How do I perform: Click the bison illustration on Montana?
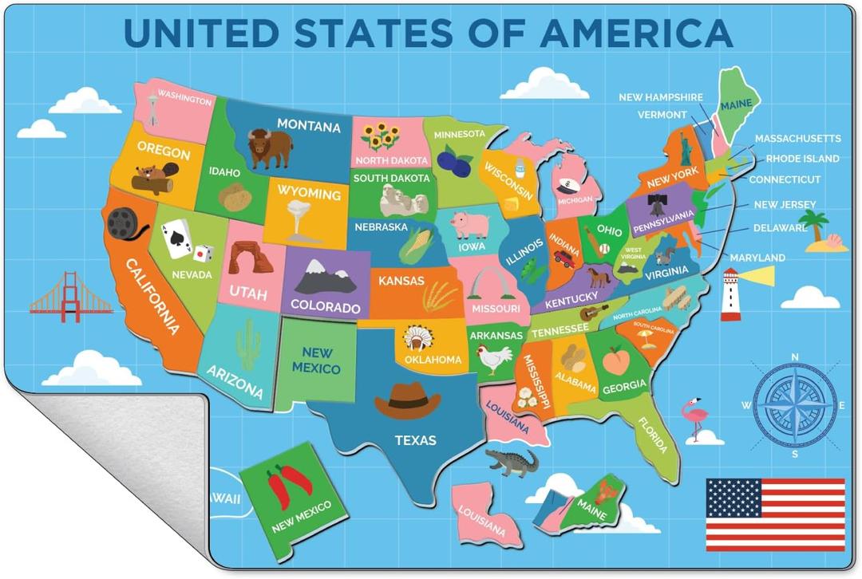click(269, 148)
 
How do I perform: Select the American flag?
click(775, 514)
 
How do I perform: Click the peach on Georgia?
click(616, 361)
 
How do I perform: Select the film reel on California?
click(124, 223)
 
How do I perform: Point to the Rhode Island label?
click(802, 159)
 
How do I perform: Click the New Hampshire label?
click(661, 97)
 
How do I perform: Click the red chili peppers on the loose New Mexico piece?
click(287, 486)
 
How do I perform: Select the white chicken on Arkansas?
click(494, 360)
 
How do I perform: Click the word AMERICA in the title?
click(635, 32)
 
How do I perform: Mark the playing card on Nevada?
click(176, 238)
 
